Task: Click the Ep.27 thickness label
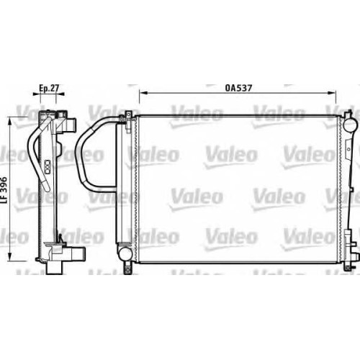tap(49, 88)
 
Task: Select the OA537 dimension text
tap(238, 88)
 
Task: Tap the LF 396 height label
tap(4, 191)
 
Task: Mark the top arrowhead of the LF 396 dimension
tap(10, 122)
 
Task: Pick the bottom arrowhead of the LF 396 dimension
tap(10, 256)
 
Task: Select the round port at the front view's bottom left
tap(125, 252)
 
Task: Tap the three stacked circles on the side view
tap(48, 166)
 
